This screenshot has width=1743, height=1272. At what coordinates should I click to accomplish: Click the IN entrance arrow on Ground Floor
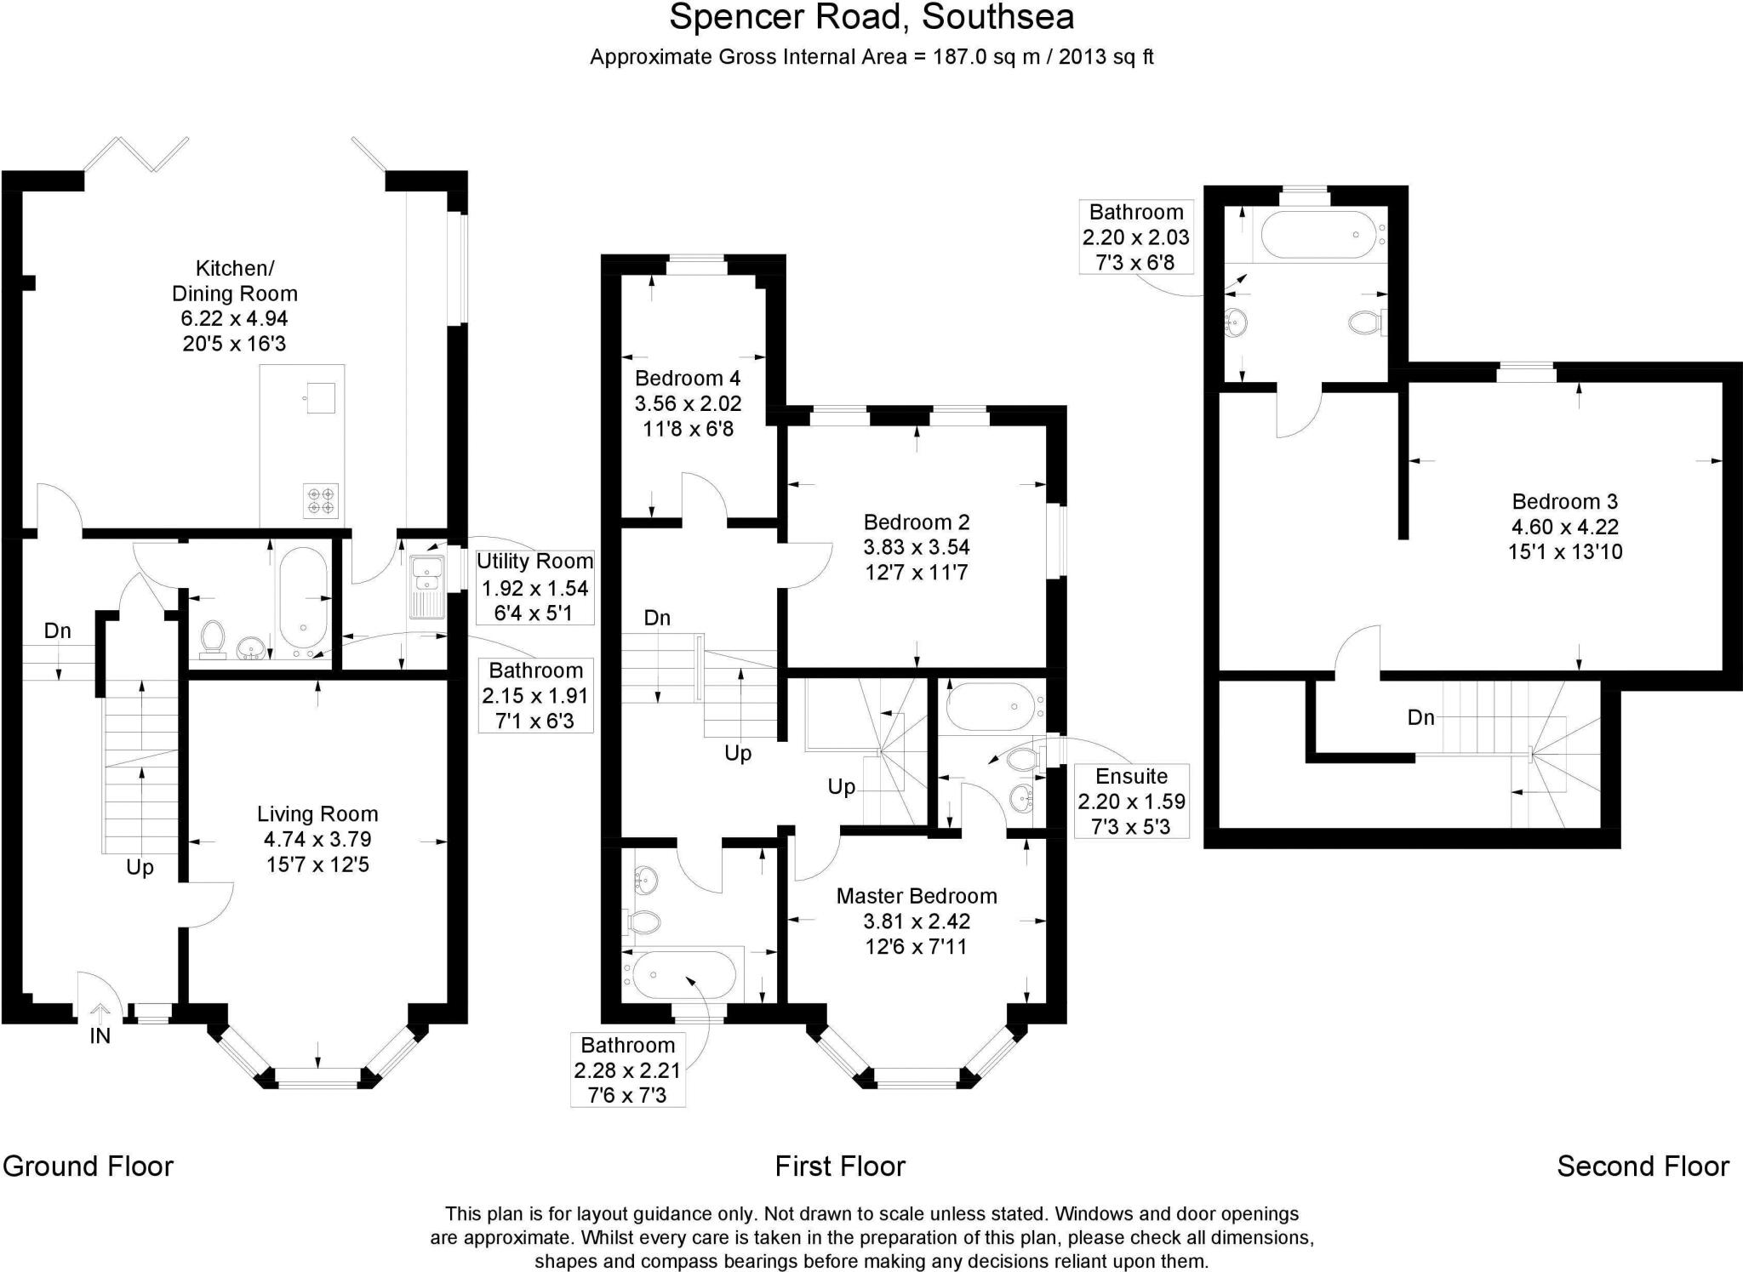point(100,1013)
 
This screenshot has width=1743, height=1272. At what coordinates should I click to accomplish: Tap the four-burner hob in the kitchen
point(321,500)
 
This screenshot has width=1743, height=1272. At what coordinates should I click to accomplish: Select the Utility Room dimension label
point(535,587)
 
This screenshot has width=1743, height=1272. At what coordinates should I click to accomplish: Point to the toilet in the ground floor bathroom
point(212,638)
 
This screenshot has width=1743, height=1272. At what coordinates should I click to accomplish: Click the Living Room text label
point(317,814)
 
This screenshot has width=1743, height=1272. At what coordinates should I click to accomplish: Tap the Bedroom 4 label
point(688,379)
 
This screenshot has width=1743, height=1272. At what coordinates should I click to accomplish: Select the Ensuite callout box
point(1131,801)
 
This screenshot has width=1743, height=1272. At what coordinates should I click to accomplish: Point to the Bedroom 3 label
point(1564,502)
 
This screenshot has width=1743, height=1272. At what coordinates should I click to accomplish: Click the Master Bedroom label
point(916,896)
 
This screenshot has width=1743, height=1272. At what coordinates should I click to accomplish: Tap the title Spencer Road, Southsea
point(871,17)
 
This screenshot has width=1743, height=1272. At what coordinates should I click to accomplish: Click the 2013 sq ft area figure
point(1106,57)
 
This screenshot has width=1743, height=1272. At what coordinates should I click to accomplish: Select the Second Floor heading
point(1643,1166)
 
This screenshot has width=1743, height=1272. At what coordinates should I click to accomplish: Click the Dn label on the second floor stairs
point(1420,717)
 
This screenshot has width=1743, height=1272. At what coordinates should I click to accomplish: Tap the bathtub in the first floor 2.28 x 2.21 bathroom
point(683,975)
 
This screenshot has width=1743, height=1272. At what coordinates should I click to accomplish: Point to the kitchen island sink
point(321,397)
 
